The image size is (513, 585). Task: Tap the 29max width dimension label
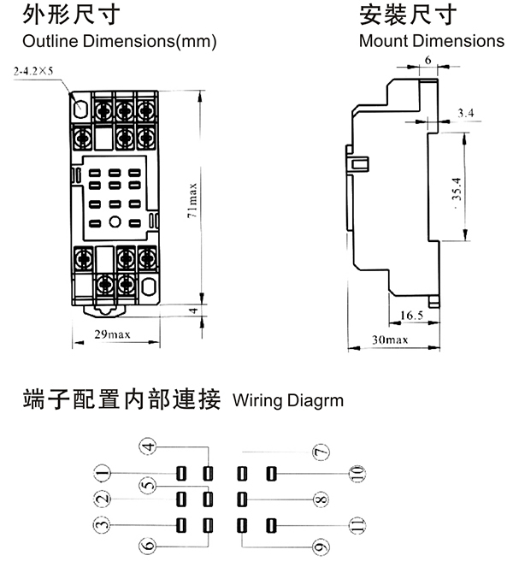(112, 334)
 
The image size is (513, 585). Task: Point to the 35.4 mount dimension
(456, 189)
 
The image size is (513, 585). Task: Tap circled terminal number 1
(103, 473)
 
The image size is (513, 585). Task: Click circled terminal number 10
(357, 473)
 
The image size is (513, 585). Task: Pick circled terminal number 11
(357, 524)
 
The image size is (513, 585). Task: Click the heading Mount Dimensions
(432, 41)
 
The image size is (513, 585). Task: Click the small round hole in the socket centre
(115, 223)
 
